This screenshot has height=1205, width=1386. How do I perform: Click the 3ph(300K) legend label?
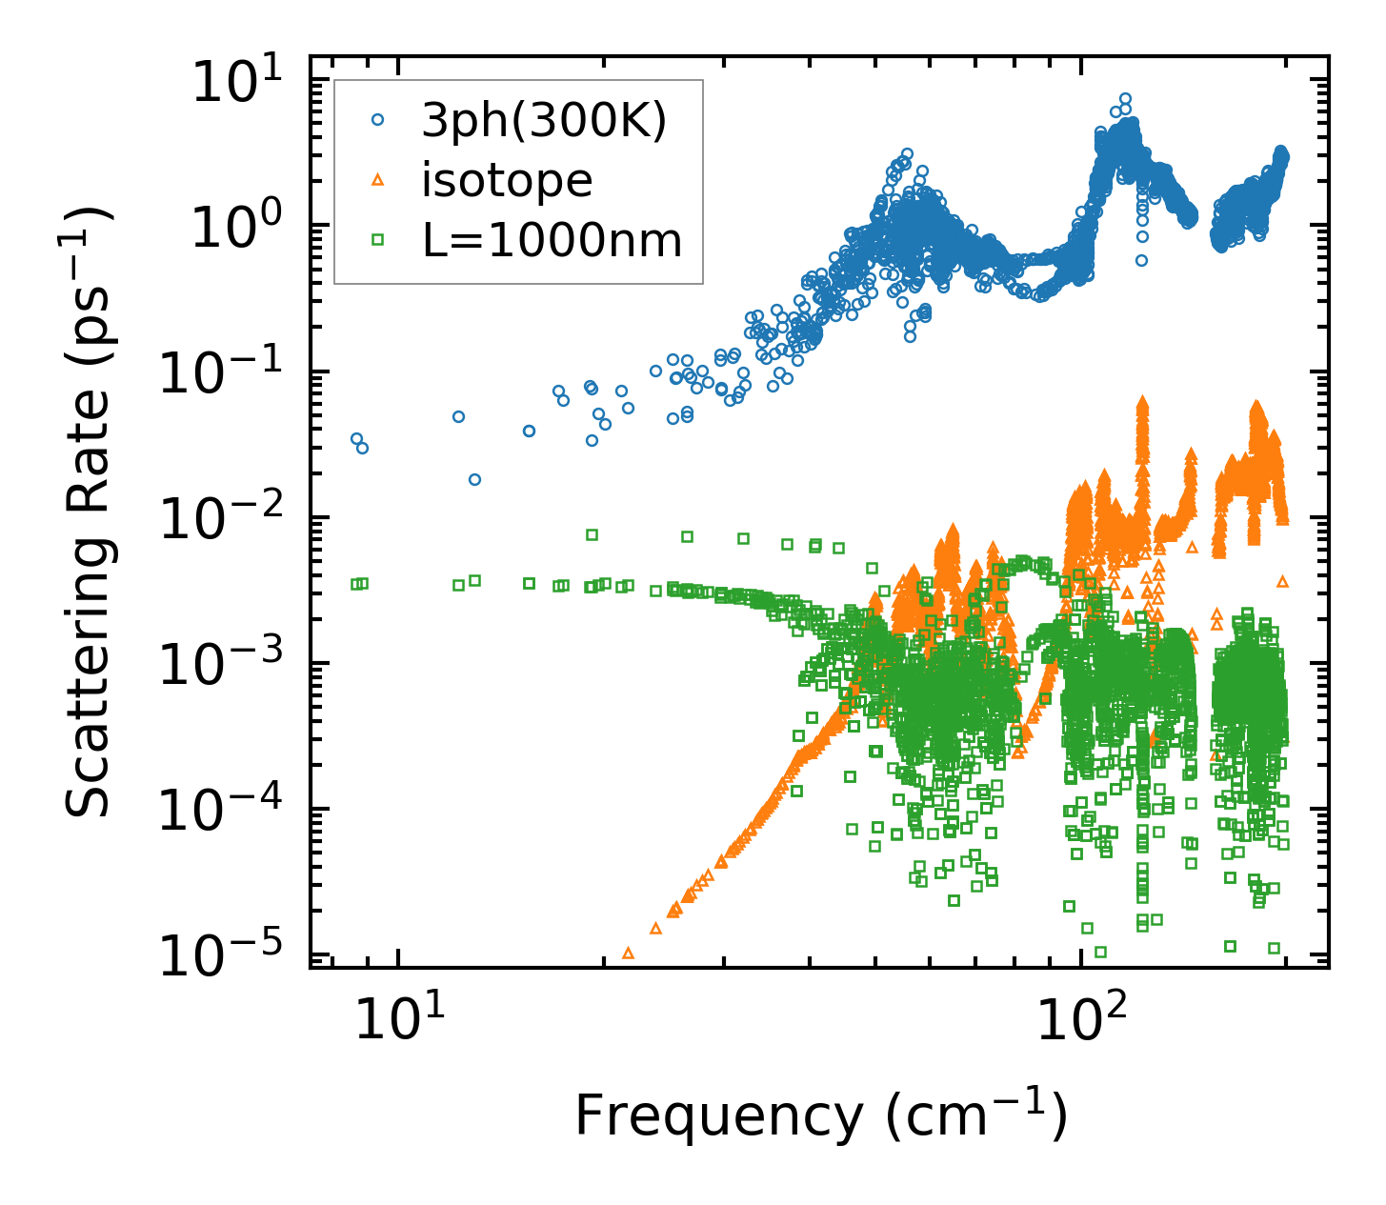click(544, 123)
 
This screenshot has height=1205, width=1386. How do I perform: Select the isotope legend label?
click(507, 181)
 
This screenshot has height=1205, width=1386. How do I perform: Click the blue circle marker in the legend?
click(378, 120)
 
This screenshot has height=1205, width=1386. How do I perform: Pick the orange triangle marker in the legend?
click(378, 179)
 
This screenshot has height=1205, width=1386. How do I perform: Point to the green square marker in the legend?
click(378, 239)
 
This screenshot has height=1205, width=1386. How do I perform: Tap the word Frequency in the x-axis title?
click(716, 1117)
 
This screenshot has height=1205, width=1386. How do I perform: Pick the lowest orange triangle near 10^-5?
click(628, 953)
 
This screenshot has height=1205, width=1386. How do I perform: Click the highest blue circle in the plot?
click(1125, 99)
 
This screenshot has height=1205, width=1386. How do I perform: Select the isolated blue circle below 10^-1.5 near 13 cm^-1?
click(474, 479)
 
